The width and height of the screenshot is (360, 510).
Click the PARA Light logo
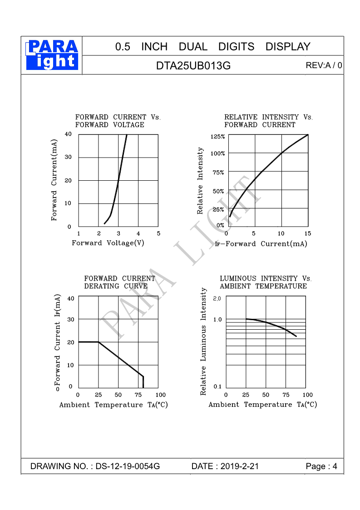pyautogui.click(x=52, y=55)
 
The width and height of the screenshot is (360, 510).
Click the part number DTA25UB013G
pyautogui.click(x=193, y=66)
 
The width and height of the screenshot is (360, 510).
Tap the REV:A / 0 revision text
pyautogui.click(x=324, y=65)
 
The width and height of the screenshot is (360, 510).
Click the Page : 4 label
pyautogui.click(x=321, y=466)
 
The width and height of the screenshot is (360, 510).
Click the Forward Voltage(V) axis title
pyautogui.click(x=108, y=243)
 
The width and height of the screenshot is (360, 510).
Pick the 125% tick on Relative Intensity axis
pyautogui.click(x=218, y=136)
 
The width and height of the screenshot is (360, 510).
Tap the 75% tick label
pyautogui.click(x=218, y=172)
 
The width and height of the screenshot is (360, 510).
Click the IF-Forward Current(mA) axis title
pyautogui.click(x=261, y=244)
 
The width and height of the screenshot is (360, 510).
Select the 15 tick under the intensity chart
pyautogui.click(x=307, y=233)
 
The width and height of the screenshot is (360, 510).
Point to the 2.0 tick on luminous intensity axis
pyautogui.click(x=217, y=298)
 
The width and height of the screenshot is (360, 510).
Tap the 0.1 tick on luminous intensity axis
pyautogui.click(x=217, y=386)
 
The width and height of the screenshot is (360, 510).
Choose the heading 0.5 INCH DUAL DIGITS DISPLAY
pyautogui.click(x=212, y=47)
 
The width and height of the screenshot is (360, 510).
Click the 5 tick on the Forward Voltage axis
pyautogui.click(x=158, y=233)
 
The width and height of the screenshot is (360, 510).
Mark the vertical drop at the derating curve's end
pyautogui.click(x=143, y=381)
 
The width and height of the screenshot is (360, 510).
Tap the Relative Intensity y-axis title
pyautogui.click(x=200, y=181)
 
